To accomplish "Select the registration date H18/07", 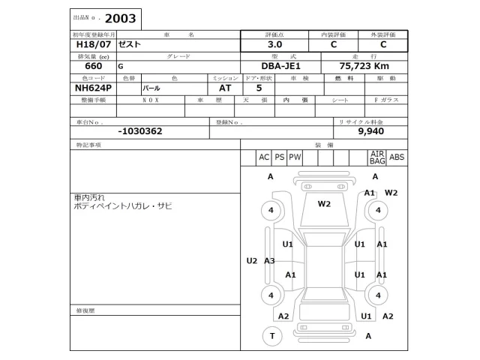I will (x=83, y=45).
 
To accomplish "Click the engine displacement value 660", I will (x=77, y=67).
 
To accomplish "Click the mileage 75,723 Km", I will (x=364, y=67).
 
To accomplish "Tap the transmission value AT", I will (x=224, y=88).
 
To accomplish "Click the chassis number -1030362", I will (x=140, y=130).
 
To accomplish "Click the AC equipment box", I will (x=263, y=157).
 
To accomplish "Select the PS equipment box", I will (x=279, y=157).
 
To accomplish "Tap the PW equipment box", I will (x=295, y=157).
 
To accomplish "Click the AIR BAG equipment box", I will (x=377, y=157).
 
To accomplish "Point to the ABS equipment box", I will (x=397, y=157).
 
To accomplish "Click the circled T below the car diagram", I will (x=271, y=336).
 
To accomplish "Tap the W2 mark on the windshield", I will (x=324, y=204).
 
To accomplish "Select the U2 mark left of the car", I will (x=252, y=261).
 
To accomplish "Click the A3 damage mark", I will (x=269, y=261).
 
